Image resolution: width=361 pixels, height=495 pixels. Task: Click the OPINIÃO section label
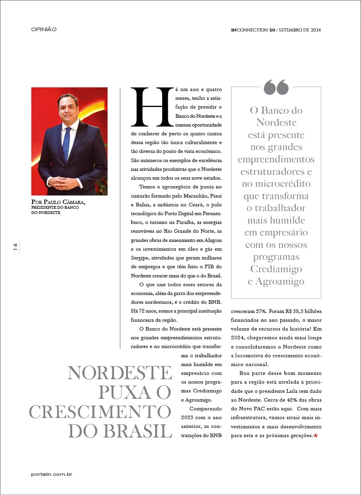[44, 29]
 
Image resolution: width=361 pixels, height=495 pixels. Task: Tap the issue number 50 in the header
[272, 30]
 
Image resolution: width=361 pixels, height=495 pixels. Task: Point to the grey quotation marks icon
[276, 87]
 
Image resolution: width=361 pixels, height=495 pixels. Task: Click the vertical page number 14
[16, 247]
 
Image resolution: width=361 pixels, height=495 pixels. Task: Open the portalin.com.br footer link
[51, 474]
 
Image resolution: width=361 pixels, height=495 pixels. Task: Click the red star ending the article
[316, 436]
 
